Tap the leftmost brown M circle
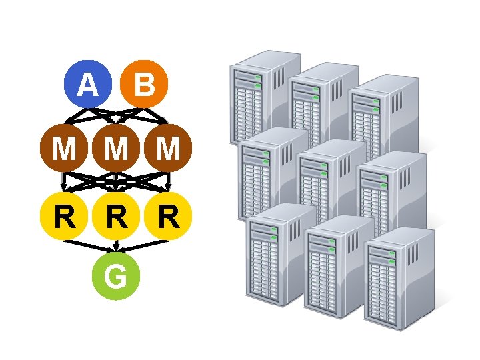[x=64, y=148]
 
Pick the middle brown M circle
[x=116, y=148]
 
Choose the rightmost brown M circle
[x=168, y=148]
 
